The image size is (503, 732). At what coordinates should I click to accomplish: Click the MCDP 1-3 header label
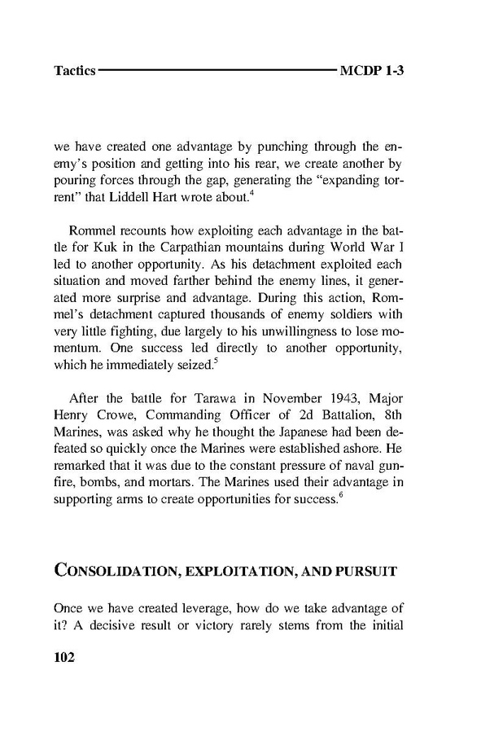373,71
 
